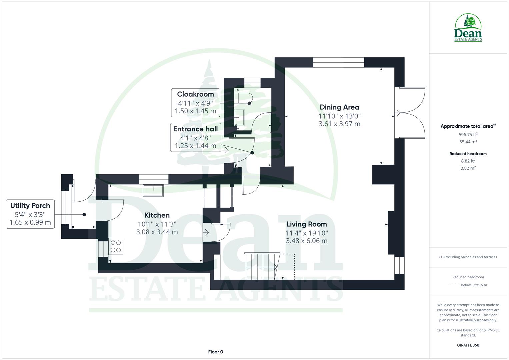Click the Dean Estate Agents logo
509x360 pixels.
(468, 28)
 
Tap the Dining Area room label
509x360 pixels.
(339, 107)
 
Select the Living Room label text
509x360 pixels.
(306, 224)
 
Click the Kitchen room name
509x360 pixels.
(157, 215)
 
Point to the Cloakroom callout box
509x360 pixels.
(195, 103)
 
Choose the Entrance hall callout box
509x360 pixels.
(195, 137)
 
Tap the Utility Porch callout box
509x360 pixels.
(30, 214)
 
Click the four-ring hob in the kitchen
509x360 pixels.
(116, 246)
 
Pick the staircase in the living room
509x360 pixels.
(262, 266)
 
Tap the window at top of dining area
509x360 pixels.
(338, 62)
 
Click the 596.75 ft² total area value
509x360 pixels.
(468, 135)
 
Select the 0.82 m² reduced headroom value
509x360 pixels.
(468, 168)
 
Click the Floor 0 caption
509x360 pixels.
(215, 352)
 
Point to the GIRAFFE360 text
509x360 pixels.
(468, 345)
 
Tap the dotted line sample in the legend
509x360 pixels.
(454, 285)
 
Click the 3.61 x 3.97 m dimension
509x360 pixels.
(339, 124)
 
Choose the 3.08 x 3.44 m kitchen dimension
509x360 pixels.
(157, 232)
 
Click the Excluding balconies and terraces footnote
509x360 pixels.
(468, 257)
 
